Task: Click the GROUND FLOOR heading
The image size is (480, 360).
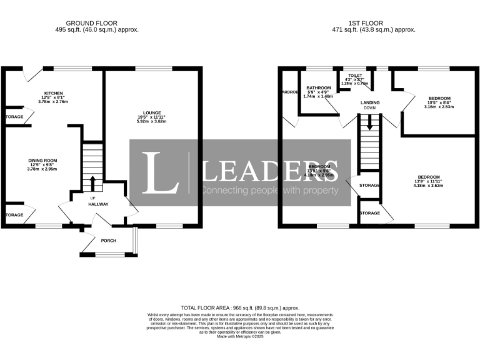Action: coord(96,21)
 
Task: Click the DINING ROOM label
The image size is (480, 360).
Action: coord(42,160)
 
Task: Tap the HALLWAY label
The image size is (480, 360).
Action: coord(98,204)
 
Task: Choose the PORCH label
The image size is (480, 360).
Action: coord(109,241)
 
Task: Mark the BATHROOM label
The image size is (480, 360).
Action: coord(318,88)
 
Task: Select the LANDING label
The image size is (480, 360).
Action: coord(370,102)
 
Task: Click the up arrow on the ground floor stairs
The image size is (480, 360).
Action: coord(93,183)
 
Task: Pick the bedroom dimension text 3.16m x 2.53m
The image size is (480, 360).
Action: coord(439,107)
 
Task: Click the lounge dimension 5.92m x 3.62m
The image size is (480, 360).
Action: coord(153,121)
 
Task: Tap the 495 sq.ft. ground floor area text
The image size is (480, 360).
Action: coord(96,29)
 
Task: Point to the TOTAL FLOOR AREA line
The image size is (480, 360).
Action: coord(240,307)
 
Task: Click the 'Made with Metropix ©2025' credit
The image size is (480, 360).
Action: coord(241,337)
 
